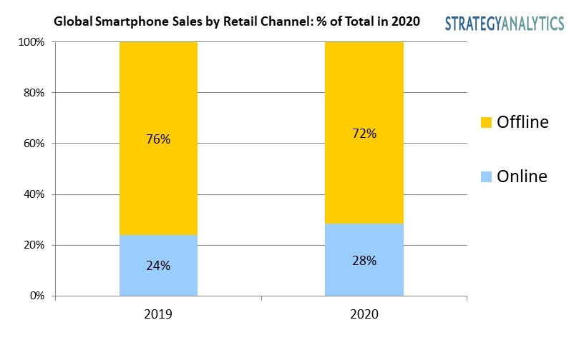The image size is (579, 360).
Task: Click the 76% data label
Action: coord(159,139)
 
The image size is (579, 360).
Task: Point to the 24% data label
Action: coord(159,266)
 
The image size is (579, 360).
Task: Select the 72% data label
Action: coord(364,134)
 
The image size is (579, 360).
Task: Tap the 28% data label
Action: coord(364,261)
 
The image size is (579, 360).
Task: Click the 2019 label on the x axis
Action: coord(158,314)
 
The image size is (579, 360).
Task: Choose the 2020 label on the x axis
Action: coord(364,314)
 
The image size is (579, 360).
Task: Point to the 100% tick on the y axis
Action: coord(33,42)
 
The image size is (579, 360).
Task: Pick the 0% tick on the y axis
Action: coord(38,296)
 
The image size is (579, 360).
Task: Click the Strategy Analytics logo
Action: coord(504,23)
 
